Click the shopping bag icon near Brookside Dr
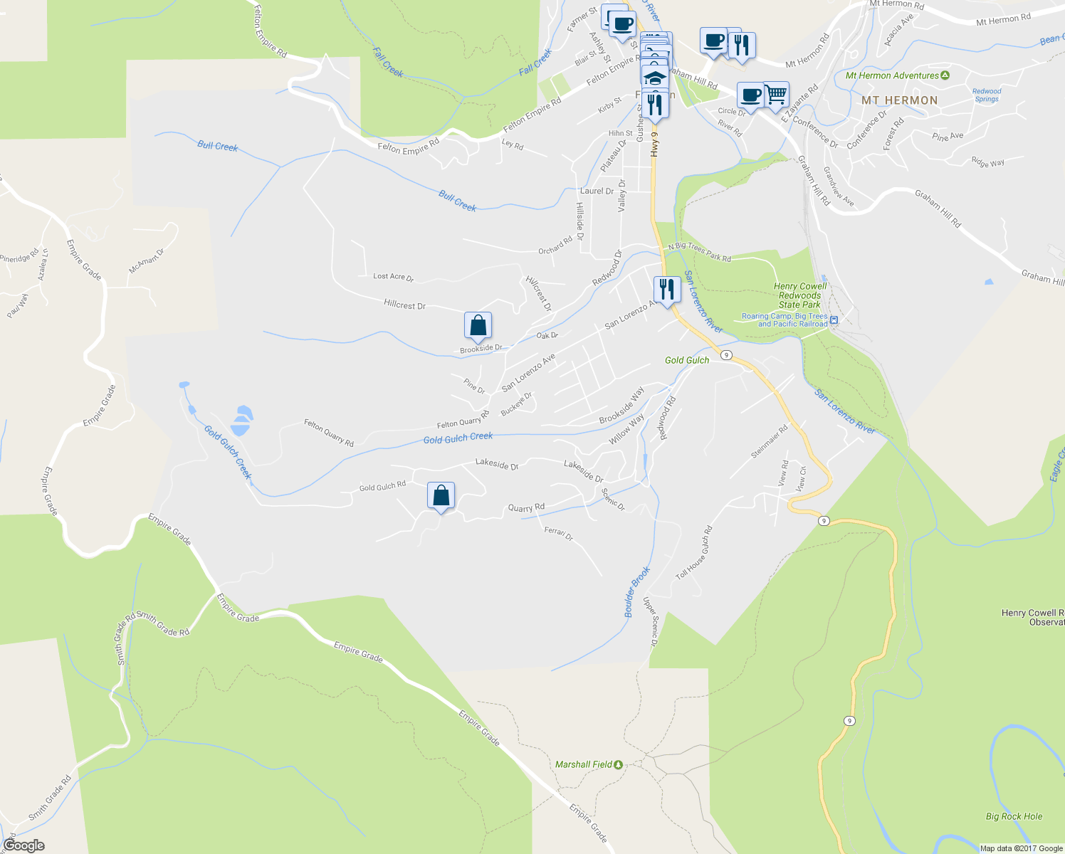(x=478, y=325)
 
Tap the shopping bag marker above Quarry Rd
(x=441, y=495)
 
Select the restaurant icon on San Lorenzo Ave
(x=667, y=290)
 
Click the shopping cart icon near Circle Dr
(x=776, y=95)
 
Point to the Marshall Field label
(x=584, y=764)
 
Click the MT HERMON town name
(x=899, y=100)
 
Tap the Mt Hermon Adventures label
(x=892, y=75)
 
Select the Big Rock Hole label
(x=1014, y=816)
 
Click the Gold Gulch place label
(x=687, y=360)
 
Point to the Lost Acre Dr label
(x=393, y=277)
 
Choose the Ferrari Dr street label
(x=559, y=533)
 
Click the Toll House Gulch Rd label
(x=694, y=552)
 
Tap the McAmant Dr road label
(x=147, y=260)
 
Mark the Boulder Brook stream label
(x=637, y=591)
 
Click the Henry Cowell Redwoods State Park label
(x=799, y=295)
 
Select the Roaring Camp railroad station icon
(x=834, y=320)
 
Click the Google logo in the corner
(x=23, y=845)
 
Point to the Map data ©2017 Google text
(x=1021, y=848)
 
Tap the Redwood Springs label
(x=987, y=95)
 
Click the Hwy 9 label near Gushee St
(x=655, y=143)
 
